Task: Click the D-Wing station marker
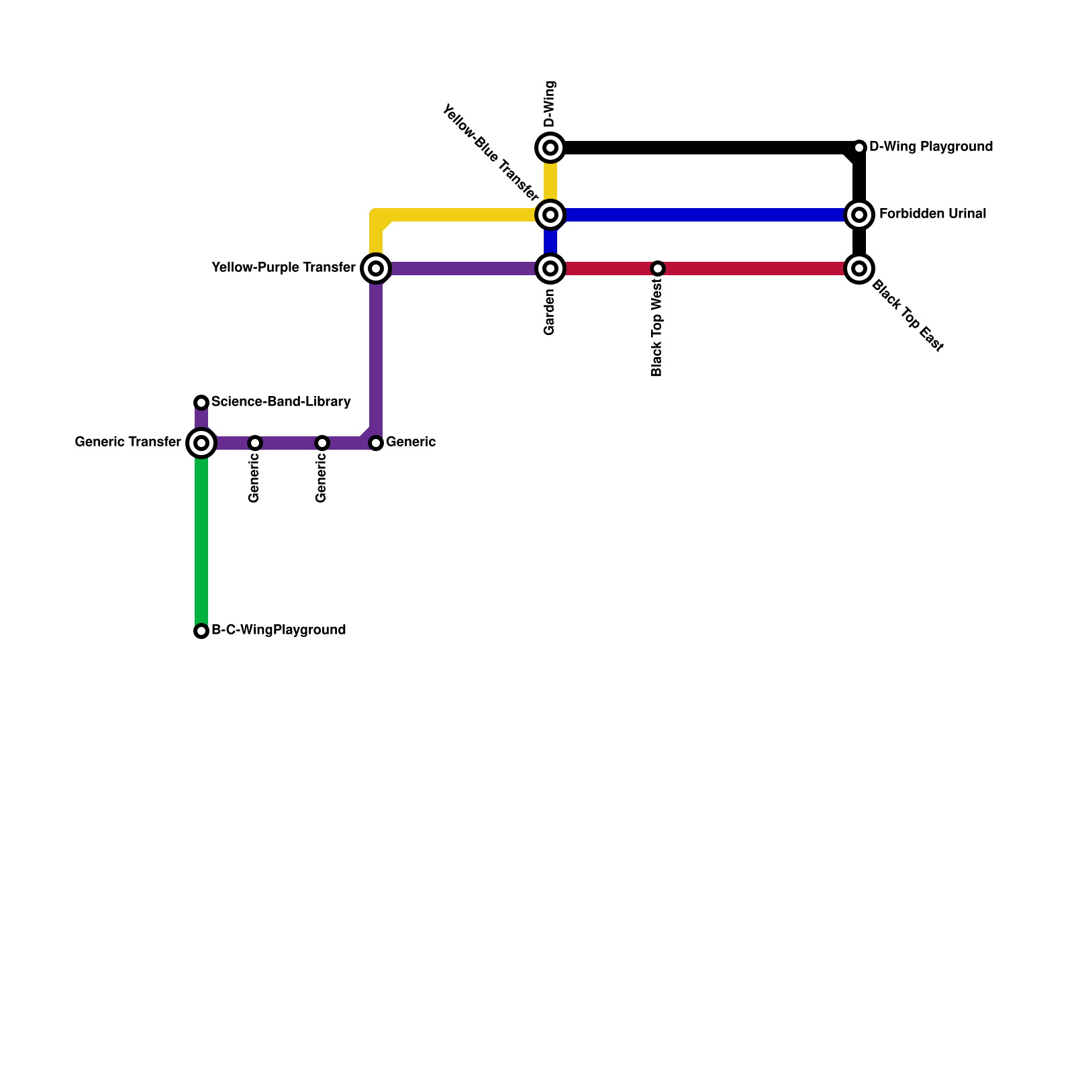[550, 148]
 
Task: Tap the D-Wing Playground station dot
[859, 148]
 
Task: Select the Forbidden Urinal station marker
[859, 215]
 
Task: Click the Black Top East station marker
[859, 268]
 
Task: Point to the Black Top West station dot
[658, 268]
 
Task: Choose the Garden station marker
[550, 268]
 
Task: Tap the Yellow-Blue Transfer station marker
[550, 215]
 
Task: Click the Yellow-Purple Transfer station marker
[376, 268]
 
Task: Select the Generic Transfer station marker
[201, 443]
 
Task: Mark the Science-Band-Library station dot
[201, 403]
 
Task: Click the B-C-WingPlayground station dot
[201, 631]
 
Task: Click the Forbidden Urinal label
[932, 214]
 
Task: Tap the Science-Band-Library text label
[281, 402]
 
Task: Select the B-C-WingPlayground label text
[279, 630]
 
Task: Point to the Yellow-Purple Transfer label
[283, 268]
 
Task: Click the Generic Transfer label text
[128, 442]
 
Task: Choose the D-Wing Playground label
[930, 147]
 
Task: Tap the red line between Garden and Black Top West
[604, 268]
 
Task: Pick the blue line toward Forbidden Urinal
[705, 215]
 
